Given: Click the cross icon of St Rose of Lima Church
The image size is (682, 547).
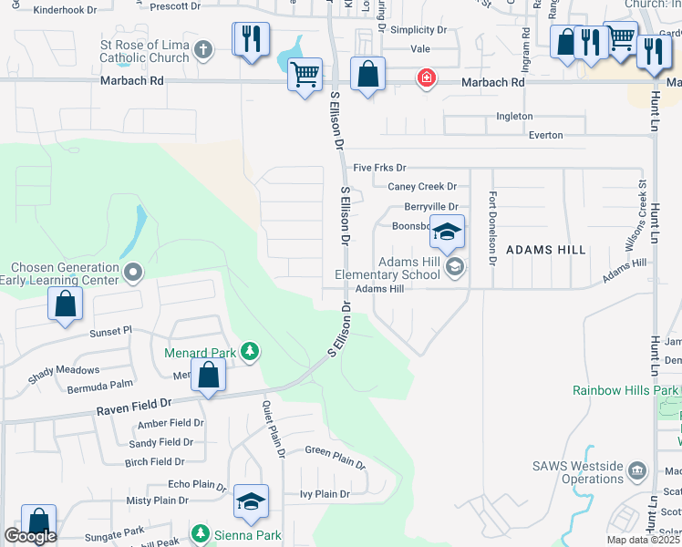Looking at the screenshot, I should [x=203, y=49].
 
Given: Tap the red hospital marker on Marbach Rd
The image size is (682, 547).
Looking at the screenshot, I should [x=425, y=78].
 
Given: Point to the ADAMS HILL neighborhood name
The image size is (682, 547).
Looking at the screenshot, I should [x=544, y=249].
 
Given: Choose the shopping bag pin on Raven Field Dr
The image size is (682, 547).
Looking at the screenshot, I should [x=209, y=376].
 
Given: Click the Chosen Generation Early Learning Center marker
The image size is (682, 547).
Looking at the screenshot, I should [x=134, y=272].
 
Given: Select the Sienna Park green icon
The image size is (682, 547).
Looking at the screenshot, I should [x=201, y=533].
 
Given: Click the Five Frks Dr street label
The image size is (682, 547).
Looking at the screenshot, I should [x=379, y=168].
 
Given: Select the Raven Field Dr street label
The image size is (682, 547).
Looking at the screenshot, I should [x=134, y=403].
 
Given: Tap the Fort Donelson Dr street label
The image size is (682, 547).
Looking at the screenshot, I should [x=492, y=228].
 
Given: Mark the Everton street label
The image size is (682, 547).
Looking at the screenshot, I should [x=545, y=136].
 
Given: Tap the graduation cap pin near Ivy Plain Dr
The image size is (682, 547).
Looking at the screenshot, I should [x=251, y=502].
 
